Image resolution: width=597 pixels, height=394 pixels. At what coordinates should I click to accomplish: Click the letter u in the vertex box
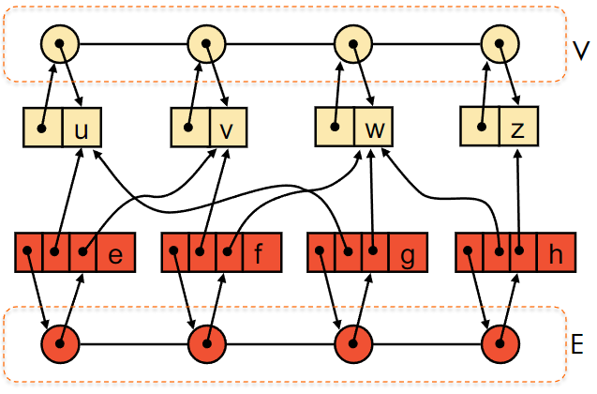[x=82, y=130]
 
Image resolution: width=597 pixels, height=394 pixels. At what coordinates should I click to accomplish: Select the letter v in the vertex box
[x=227, y=130]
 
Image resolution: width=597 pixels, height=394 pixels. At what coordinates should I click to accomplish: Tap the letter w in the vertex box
[x=375, y=130]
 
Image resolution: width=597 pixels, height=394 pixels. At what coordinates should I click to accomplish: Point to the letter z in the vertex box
[x=517, y=130]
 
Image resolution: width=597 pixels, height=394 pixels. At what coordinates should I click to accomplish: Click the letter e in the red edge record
[x=115, y=255]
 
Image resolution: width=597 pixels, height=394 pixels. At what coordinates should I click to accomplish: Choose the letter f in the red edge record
[x=259, y=253]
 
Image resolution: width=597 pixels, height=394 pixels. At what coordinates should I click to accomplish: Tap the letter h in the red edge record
[x=556, y=253]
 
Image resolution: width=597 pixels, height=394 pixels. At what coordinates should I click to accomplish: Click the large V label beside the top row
[x=581, y=51]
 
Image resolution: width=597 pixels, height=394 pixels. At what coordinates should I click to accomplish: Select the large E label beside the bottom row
[x=577, y=344]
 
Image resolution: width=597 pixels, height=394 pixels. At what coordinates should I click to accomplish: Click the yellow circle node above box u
[x=60, y=44]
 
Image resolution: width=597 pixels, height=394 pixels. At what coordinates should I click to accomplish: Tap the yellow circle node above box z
[x=500, y=44]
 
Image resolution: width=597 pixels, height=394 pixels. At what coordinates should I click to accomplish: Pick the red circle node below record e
[x=60, y=344]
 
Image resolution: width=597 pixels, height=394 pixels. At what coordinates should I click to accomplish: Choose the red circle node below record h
[x=500, y=344]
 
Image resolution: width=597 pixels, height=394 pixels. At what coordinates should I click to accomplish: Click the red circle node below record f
[x=207, y=344]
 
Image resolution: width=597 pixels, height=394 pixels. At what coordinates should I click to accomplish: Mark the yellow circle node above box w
[x=353, y=44]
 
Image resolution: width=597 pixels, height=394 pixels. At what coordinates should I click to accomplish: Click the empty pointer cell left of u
[x=43, y=128]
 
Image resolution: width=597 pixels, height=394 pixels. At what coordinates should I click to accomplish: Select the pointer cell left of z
[x=480, y=127]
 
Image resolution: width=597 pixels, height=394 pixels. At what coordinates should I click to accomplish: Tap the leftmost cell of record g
[x=321, y=251]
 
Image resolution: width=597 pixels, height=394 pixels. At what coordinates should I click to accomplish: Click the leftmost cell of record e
[x=28, y=251]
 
